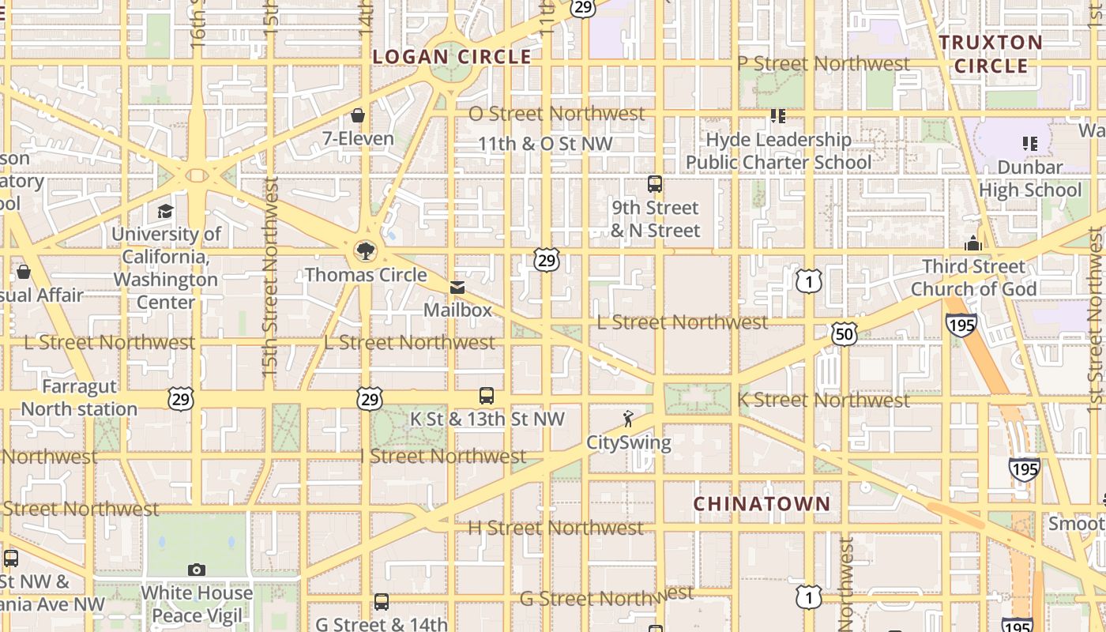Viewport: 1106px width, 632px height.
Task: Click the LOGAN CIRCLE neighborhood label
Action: [452, 57]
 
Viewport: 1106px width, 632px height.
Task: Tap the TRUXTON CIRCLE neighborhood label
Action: [991, 54]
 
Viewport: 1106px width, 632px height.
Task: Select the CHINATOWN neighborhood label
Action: [762, 503]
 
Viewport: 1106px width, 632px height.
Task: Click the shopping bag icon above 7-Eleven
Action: [358, 115]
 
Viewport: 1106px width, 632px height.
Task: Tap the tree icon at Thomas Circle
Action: [365, 251]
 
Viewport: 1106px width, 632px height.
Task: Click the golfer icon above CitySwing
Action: [628, 419]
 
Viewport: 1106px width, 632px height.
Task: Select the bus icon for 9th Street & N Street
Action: [655, 184]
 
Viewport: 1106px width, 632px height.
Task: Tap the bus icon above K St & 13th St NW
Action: [487, 396]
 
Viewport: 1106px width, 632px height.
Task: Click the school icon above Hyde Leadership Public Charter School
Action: [778, 116]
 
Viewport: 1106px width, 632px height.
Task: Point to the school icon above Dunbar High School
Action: [1029, 144]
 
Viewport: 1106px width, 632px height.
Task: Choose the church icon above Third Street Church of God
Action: [973, 243]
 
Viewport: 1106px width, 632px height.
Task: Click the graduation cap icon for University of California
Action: [165, 211]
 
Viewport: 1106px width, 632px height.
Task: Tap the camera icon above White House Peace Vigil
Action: [197, 570]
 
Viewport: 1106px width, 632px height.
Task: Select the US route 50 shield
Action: [844, 333]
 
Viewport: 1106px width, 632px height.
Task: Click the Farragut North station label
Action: [79, 398]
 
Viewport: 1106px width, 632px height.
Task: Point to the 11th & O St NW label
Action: [545, 144]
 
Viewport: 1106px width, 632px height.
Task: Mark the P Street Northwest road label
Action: [823, 63]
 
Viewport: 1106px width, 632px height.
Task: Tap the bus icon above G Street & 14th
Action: [382, 602]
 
